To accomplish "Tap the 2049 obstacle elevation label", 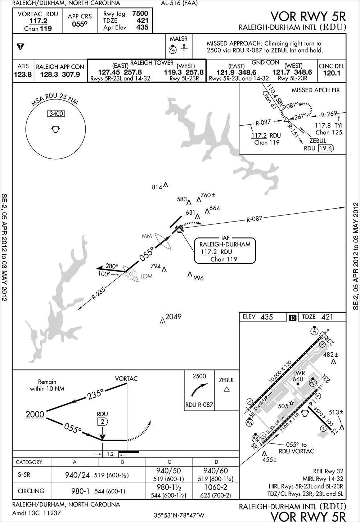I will pyautogui.click(x=173, y=317).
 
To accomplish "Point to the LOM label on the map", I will pyautogui.click(x=147, y=276).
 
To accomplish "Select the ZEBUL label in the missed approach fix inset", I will pyautogui.click(x=317, y=141).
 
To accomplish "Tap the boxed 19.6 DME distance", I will pyautogui.click(x=326, y=148).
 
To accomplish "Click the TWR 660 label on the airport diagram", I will pyautogui.click(x=299, y=376).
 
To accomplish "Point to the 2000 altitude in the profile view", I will pyautogui.click(x=35, y=414).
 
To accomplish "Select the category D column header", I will pyautogui.click(x=216, y=462).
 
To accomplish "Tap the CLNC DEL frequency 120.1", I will pyautogui.click(x=331, y=73).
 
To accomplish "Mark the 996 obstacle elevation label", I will pyautogui.click(x=198, y=278).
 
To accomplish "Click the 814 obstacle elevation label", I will pyautogui.click(x=157, y=187).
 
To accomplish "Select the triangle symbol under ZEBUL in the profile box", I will pyautogui.click(x=226, y=389).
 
